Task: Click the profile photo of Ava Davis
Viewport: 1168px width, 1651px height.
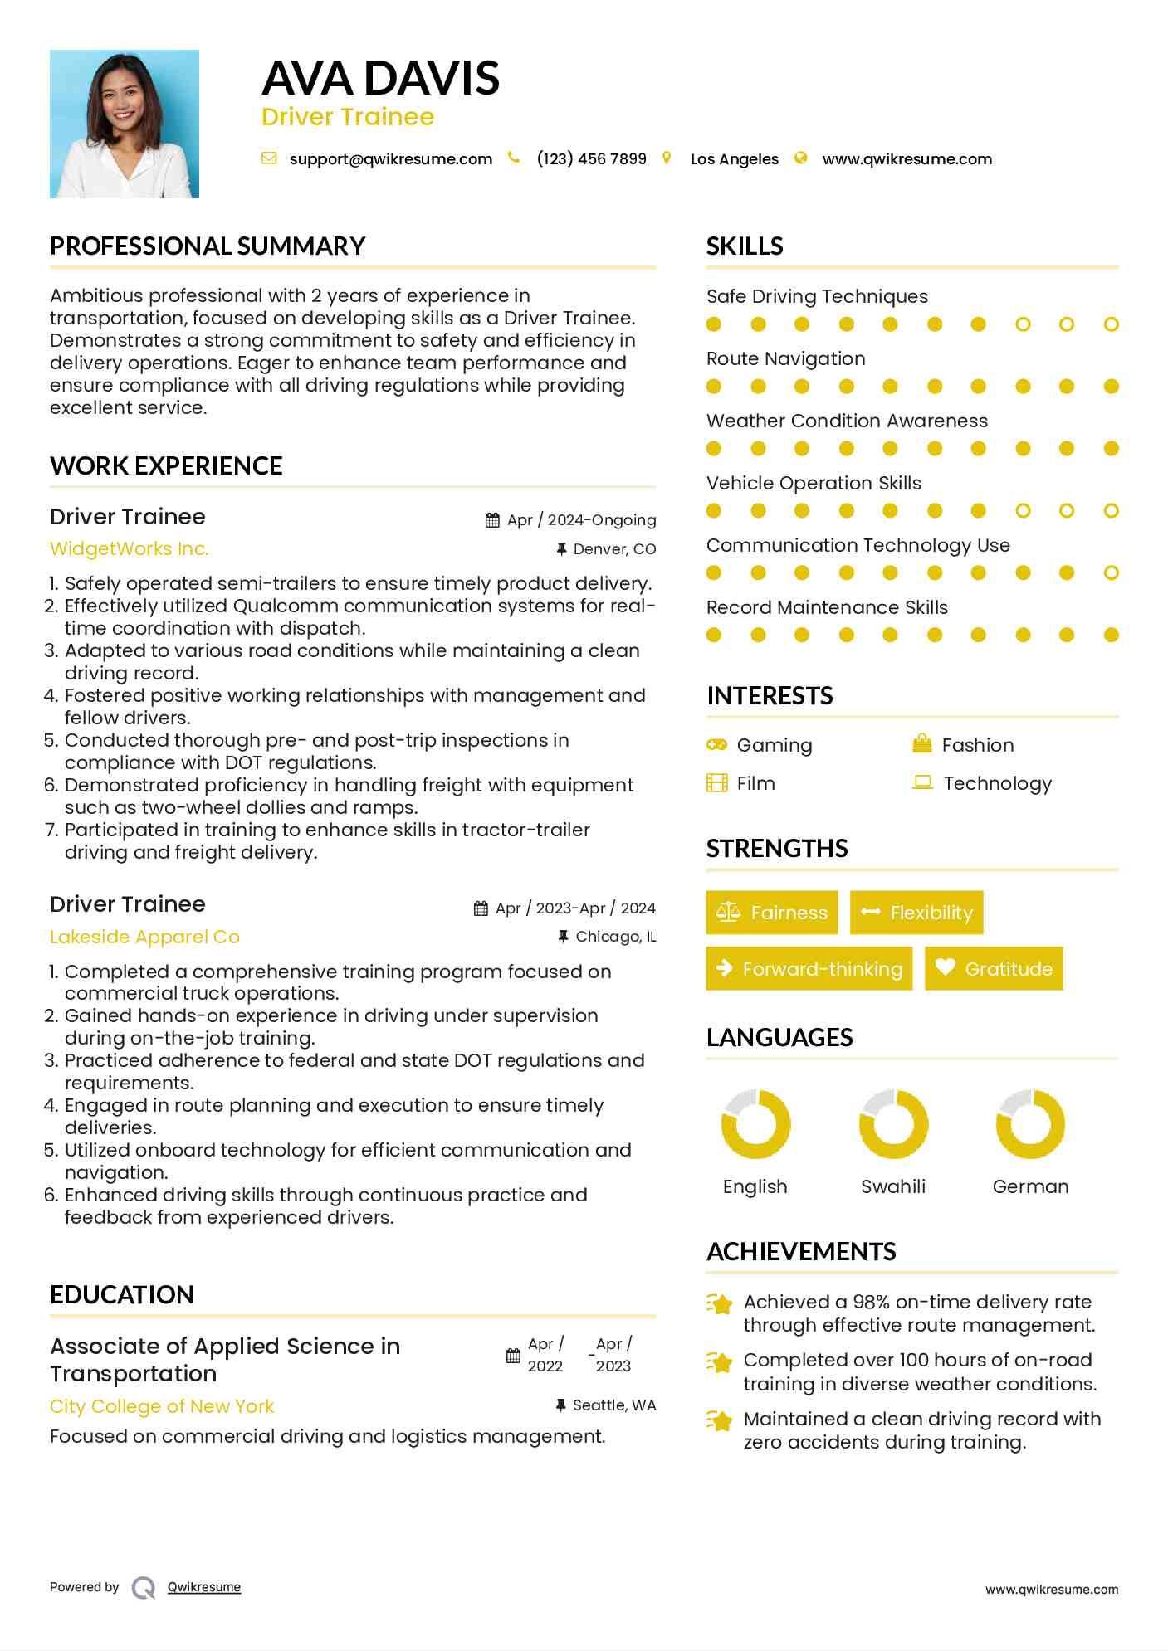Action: (125, 124)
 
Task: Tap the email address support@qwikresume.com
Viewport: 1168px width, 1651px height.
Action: (390, 159)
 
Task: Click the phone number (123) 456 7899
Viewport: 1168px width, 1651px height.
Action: (591, 159)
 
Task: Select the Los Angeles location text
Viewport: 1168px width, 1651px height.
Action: (734, 159)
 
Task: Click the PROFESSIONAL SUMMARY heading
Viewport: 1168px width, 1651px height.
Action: (208, 246)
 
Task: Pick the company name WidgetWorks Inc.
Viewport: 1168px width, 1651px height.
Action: (129, 549)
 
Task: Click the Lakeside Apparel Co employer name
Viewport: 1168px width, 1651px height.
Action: (144, 937)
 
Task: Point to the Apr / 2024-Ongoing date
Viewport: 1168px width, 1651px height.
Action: (581, 520)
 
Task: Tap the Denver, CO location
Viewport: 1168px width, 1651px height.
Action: (614, 549)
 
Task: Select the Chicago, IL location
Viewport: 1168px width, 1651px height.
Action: (615, 937)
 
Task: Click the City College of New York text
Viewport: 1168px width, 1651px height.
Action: (162, 1406)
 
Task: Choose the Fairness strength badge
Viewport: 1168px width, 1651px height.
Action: (772, 913)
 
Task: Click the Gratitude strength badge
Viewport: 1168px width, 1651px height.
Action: (994, 969)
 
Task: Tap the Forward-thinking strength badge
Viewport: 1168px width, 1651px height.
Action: (809, 969)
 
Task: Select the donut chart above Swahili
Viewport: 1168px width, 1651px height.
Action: (893, 1124)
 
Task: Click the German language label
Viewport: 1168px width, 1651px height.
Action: (1030, 1186)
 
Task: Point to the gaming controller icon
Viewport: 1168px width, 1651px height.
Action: (716, 744)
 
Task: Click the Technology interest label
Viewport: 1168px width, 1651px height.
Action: (997, 783)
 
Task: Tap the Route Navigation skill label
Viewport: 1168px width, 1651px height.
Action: (785, 358)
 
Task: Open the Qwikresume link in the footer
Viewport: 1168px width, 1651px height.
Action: (204, 1587)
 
